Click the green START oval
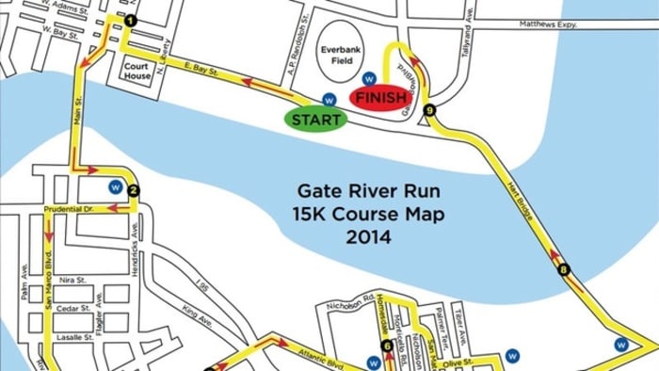pyautogui.click(x=315, y=120)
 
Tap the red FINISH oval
pyautogui.click(x=378, y=97)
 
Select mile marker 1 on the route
pyautogui.click(x=130, y=20)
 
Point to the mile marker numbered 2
pyautogui.click(x=134, y=191)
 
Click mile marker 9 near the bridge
pyautogui.click(x=430, y=111)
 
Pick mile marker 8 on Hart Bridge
pyautogui.click(x=564, y=270)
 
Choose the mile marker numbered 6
pyautogui.click(x=387, y=347)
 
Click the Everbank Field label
pyautogui.click(x=337, y=55)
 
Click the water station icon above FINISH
pyautogui.click(x=369, y=78)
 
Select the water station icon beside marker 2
pyautogui.click(x=115, y=185)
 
